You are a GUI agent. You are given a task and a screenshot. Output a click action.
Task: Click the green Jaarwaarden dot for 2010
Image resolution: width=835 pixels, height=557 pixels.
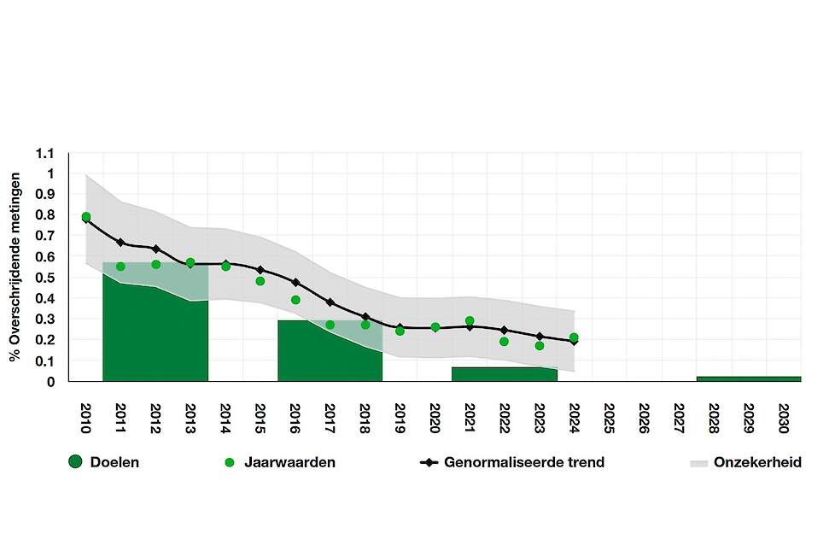[85, 217]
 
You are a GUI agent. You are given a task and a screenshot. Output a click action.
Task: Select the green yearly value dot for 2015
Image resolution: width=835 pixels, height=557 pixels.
[260, 281]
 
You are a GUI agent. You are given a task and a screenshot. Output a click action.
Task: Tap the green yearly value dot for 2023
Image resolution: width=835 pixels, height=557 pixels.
[540, 346]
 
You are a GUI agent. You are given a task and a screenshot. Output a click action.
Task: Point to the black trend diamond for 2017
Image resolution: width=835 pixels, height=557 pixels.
[330, 302]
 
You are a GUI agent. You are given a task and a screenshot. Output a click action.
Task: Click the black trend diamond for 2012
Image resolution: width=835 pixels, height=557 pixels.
[155, 249]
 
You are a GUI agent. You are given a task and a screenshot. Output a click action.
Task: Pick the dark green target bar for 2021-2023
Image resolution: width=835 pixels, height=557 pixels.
[504, 374]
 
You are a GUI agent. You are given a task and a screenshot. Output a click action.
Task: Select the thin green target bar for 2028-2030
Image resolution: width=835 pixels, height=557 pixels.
[749, 378]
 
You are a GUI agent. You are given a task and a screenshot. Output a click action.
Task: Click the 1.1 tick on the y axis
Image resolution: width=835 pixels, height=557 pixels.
[45, 154]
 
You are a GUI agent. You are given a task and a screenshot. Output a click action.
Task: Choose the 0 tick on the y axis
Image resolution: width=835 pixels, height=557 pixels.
[50, 382]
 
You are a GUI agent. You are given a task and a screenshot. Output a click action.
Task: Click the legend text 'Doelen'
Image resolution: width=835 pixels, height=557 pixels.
[114, 463]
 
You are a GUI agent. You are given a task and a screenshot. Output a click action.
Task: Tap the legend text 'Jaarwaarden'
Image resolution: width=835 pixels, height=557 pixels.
[289, 463]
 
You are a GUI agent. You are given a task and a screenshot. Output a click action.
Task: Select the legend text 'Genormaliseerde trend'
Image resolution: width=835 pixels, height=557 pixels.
[524, 463]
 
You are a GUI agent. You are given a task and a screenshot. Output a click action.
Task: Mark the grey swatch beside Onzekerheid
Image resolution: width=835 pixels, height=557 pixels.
[699, 463]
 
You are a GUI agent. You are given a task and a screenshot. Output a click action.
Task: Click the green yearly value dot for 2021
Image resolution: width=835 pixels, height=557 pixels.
[470, 321]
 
